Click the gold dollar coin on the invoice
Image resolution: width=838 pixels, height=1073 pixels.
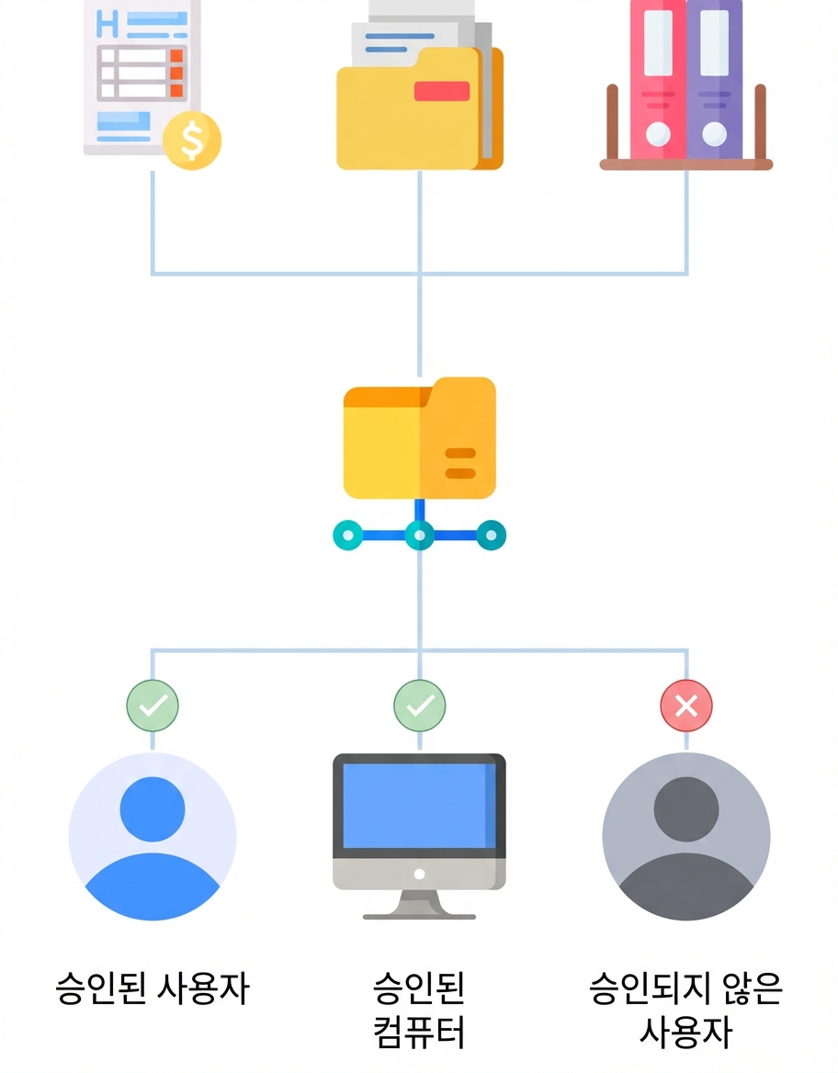pyautogui.click(x=192, y=141)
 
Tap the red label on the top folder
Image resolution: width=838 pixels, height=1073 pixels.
pyautogui.click(x=442, y=91)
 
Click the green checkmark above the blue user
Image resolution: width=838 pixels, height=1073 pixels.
pyautogui.click(x=153, y=706)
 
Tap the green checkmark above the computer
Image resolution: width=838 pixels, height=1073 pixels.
pyautogui.click(x=420, y=706)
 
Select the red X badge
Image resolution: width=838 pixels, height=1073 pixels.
pyautogui.click(x=686, y=706)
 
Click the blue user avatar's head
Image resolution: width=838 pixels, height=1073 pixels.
pyautogui.click(x=153, y=808)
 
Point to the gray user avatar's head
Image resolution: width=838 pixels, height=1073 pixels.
pyautogui.click(x=686, y=808)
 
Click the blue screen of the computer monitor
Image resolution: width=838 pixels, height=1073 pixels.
pyautogui.click(x=419, y=806)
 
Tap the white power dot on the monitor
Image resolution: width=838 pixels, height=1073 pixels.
pyautogui.click(x=420, y=874)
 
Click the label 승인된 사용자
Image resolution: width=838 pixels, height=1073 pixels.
pyautogui.click(x=153, y=988)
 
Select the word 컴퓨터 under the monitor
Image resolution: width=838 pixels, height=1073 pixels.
pyautogui.click(x=419, y=1032)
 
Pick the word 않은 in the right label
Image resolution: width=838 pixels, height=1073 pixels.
pyautogui.click(x=751, y=988)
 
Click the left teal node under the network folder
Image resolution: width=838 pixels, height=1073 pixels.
pyautogui.click(x=348, y=536)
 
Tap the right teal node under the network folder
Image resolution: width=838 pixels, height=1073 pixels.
pyautogui.click(x=491, y=536)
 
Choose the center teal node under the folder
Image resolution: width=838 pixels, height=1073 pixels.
pyautogui.click(x=420, y=536)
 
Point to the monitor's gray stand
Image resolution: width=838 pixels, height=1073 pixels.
pyautogui.click(x=419, y=905)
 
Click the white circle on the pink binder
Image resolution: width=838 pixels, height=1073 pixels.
pyautogui.click(x=658, y=133)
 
